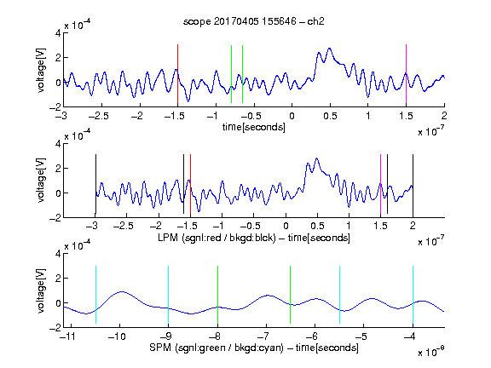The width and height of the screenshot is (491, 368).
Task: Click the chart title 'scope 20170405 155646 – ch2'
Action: (254, 21)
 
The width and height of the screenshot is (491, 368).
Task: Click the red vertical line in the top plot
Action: (177, 74)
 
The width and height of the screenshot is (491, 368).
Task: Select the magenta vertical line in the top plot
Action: (406, 74)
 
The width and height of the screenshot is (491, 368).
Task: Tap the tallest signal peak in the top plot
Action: (329, 49)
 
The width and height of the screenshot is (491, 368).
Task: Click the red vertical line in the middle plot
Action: (190, 184)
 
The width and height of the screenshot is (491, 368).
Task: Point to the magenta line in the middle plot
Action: (380, 184)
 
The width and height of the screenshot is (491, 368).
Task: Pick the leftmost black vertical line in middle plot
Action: (95, 184)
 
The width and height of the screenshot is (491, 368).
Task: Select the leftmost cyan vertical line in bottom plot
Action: (95, 295)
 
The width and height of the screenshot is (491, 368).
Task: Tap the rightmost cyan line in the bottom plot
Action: (413, 295)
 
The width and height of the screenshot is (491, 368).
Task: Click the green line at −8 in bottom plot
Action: (217, 295)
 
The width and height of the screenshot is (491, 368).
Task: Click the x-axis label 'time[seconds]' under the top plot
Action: (254, 127)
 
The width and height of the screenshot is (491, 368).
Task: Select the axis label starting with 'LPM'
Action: (254, 238)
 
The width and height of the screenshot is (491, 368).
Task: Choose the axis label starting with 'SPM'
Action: (254, 348)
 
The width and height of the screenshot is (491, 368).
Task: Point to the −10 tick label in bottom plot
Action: (117, 336)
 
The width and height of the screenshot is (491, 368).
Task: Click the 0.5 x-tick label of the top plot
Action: (330, 116)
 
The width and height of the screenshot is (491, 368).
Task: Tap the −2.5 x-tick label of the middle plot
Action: (124, 226)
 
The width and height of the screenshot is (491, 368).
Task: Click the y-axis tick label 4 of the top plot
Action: (58, 32)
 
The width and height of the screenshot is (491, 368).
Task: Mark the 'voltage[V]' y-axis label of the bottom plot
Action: (41, 290)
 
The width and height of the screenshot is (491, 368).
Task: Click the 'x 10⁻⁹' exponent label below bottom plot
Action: (430, 352)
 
